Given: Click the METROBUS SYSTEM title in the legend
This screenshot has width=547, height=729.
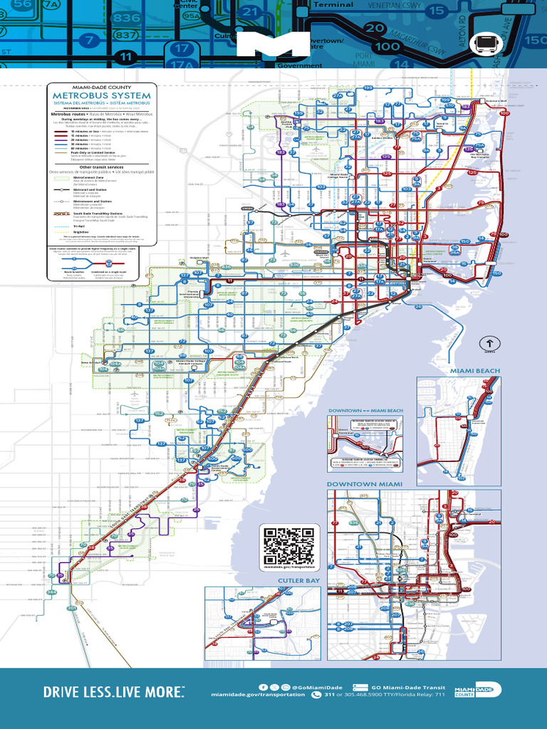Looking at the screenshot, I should point(101,95).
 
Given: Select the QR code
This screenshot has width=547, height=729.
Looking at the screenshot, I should point(288,546).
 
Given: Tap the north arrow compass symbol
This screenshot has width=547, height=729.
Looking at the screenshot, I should point(489,342).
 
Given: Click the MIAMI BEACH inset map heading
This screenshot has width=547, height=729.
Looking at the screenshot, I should point(474,371).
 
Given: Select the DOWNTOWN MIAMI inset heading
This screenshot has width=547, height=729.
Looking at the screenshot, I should point(364,484).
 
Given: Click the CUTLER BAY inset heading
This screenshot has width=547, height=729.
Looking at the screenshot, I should point(297,581).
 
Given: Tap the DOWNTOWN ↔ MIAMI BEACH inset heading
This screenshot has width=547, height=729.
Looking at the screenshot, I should point(365,411).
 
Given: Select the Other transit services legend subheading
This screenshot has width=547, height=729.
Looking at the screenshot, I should point(101,167).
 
